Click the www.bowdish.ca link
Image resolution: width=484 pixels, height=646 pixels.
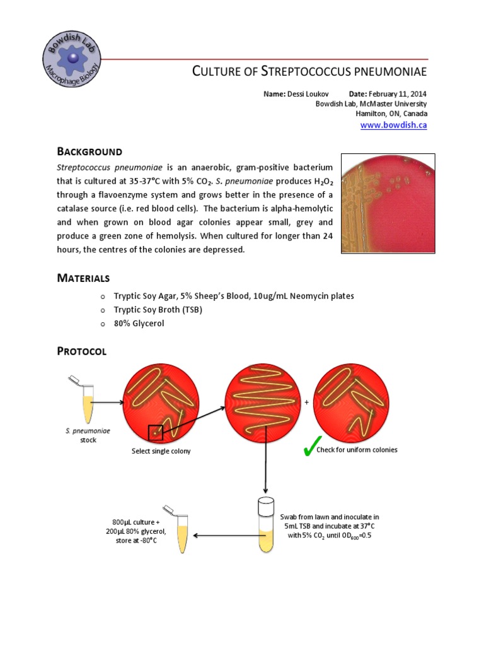click(x=393, y=126)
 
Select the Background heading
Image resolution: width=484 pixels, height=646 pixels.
click(x=89, y=151)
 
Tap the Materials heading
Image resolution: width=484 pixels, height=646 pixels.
click(x=83, y=278)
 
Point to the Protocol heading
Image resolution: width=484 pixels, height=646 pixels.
click(x=81, y=351)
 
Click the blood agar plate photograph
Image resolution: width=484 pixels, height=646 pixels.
click(x=388, y=203)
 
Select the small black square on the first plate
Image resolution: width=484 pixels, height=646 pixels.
click(x=155, y=433)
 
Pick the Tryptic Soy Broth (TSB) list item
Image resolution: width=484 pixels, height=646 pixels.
click(x=158, y=310)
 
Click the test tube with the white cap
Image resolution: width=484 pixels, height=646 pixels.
click(x=266, y=525)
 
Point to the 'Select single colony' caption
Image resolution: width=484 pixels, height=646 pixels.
click(x=161, y=451)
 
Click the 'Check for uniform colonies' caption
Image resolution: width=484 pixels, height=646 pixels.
click(x=357, y=450)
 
